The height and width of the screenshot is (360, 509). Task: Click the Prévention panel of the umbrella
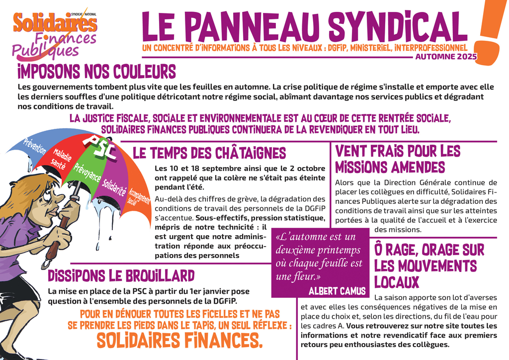tap(35, 145)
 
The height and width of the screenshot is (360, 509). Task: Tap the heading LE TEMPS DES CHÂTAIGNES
tap(209, 153)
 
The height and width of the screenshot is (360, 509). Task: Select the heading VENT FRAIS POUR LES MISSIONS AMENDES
tap(398, 158)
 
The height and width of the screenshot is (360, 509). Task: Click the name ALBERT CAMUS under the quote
tap(337, 290)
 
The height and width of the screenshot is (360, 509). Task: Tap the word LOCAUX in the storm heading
tap(397, 281)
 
